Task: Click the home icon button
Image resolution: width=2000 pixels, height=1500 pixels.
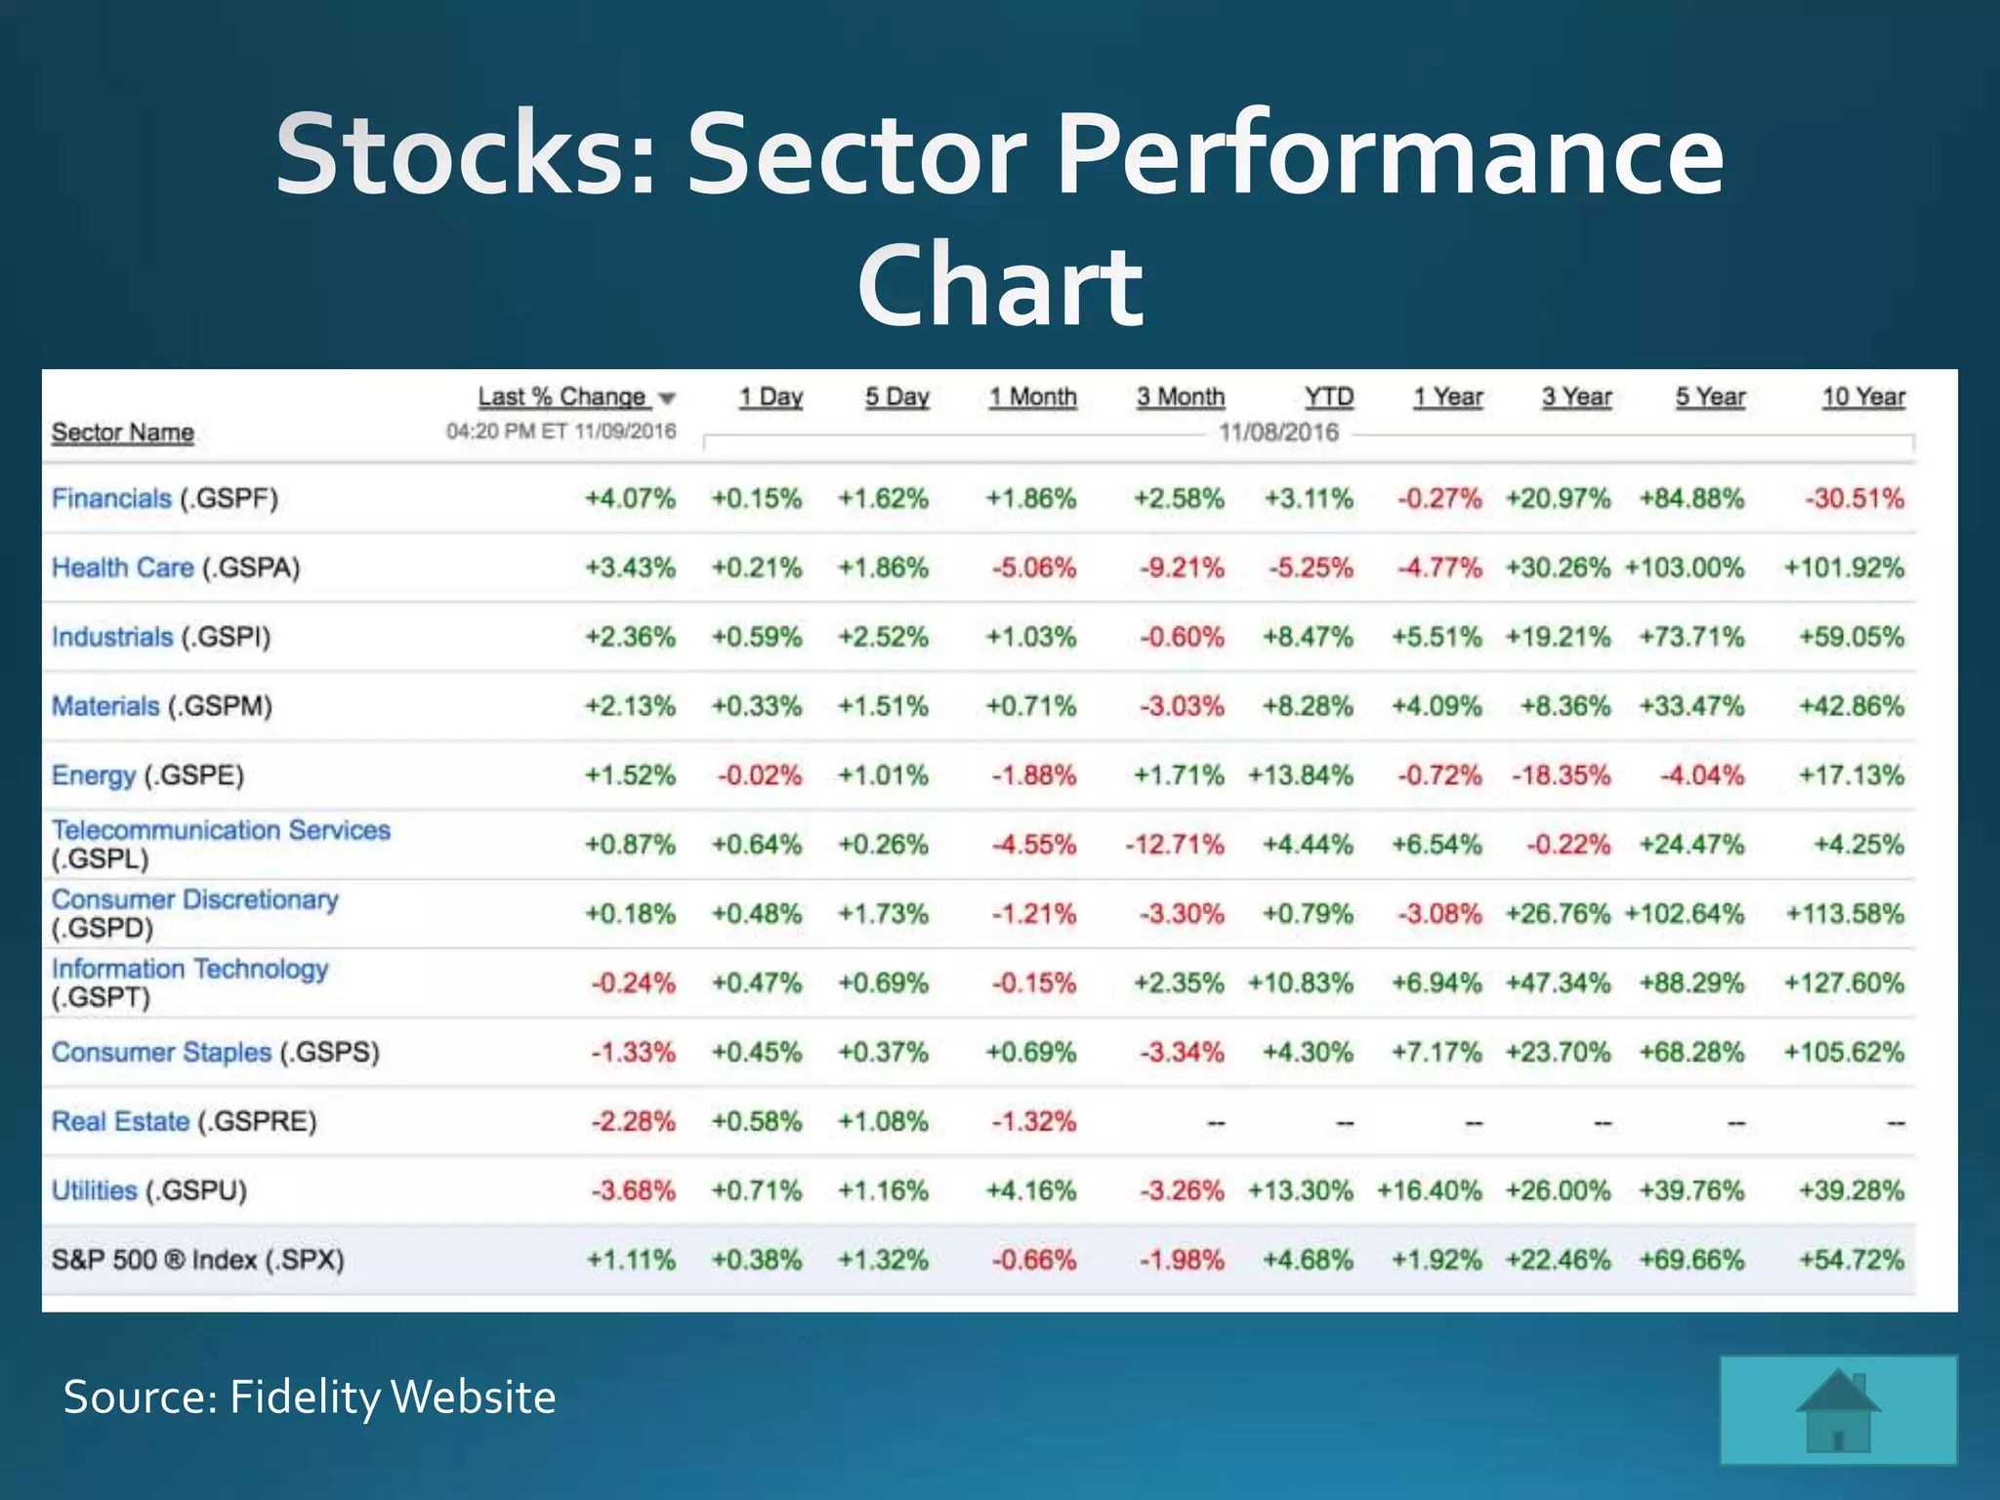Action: [x=1838, y=1410]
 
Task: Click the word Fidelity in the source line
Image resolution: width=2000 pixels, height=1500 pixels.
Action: [x=305, y=1396]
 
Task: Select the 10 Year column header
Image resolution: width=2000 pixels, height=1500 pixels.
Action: [x=1863, y=397]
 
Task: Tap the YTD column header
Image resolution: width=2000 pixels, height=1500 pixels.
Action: [x=1328, y=397]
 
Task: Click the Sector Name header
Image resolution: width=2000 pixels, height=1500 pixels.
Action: [x=122, y=433]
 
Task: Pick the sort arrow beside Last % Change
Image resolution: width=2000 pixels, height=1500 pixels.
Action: [x=667, y=398]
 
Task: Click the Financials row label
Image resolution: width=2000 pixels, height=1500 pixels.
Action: [x=110, y=499]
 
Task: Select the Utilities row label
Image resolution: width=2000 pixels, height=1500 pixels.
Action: [x=94, y=1190]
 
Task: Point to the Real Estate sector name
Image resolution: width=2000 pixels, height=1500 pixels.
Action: [x=120, y=1121]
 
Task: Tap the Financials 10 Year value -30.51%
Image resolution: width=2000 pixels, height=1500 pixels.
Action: [x=1854, y=499]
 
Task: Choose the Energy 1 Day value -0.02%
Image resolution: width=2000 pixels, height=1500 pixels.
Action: [x=759, y=775]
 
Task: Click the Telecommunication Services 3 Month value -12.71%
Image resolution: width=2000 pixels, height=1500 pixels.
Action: [x=1174, y=844]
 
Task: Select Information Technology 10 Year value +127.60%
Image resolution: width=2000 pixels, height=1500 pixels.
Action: [x=1844, y=982]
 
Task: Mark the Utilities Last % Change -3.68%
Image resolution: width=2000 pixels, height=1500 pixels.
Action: [x=633, y=1190]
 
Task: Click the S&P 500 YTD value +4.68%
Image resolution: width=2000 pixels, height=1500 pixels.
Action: [x=1308, y=1260]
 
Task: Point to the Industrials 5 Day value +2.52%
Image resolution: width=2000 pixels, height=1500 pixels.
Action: [x=883, y=637]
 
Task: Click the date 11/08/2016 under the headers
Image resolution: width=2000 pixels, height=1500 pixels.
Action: [x=1278, y=433]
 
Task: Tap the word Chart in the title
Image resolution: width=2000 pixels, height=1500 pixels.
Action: [x=999, y=285]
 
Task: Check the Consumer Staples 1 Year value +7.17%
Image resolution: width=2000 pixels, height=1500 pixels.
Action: [x=1437, y=1052]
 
